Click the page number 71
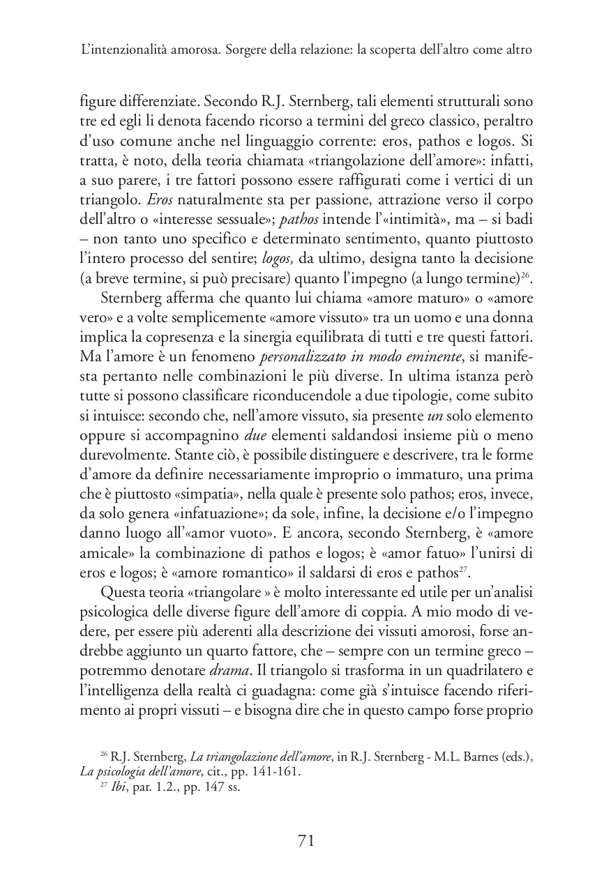point(306,841)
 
